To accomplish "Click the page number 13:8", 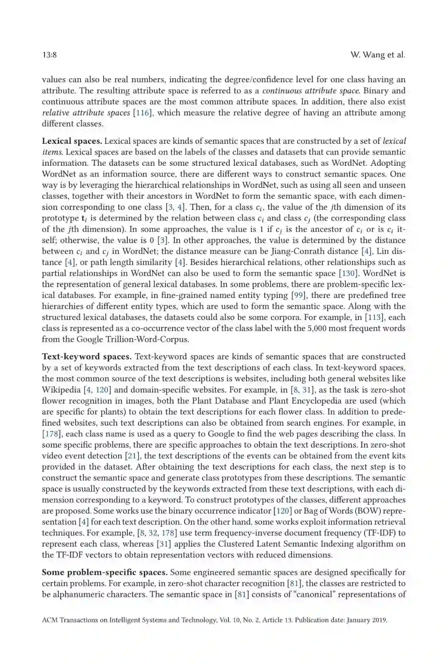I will pos(49,55).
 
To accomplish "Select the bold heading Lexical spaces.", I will pos(72,141).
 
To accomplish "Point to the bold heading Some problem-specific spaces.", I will pos(105,573).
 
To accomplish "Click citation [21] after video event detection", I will pos(133,456).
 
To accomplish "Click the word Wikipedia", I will pos(61,390).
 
